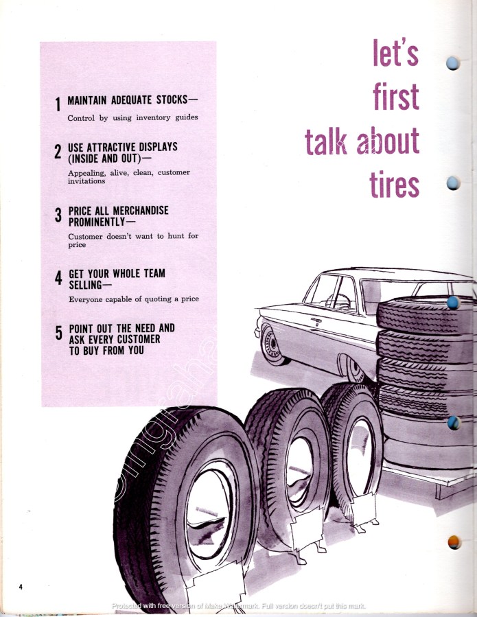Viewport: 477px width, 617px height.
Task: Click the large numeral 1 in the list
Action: coord(58,104)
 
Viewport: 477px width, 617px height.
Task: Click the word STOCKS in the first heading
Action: coord(169,99)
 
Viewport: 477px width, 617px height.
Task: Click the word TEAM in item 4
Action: coord(151,274)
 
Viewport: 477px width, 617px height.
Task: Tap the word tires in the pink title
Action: coord(395,183)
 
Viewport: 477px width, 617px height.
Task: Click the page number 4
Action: coord(21,586)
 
